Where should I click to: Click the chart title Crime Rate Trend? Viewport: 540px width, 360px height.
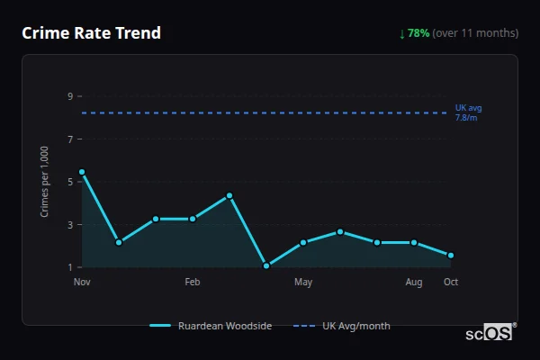pyautogui.click(x=91, y=33)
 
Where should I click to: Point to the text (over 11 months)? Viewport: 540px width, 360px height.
pyautogui.click(x=475, y=33)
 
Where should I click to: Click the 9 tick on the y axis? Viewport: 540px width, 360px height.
pyautogui.click(x=70, y=96)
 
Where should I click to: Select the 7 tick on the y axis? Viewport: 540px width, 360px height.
pyautogui.click(x=70, y=139)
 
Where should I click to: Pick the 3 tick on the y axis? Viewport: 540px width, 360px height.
pyautogui.click(x=70, y=225)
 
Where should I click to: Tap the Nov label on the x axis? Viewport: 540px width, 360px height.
pyautogui.click(x=82, y=283)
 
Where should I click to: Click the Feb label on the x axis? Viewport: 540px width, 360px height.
pyautogui.click(x=193, y=283)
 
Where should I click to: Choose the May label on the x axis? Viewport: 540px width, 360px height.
pyautogui.click(x=303, y=283)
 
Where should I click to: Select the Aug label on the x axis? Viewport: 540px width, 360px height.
pyautogui.click(x=414, y=283)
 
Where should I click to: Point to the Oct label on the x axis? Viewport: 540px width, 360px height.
pyautogui.click(x=451, y=283)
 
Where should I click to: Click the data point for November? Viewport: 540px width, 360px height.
pyautogui.click(x=82, y=172)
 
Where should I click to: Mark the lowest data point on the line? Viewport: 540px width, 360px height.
pyautogui.click(x=266, y=266)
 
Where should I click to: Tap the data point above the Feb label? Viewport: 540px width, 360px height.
pyautogui.click(x=193, y=219)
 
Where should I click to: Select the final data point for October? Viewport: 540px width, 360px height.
pyautogui.click(x=451, y=256)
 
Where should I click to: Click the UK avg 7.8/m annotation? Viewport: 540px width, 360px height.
pyautogui.click(x=468, y=112)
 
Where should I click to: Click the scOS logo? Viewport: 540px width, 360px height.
pyautogui.click(x=490, y=333)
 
